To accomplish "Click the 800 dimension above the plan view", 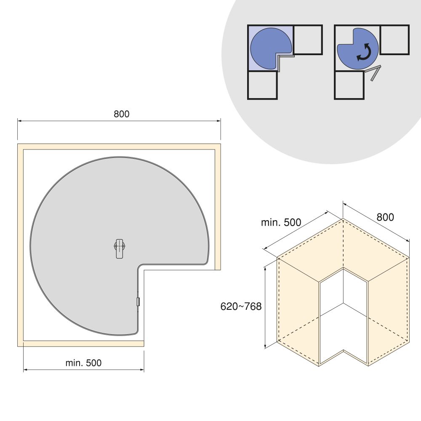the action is pos(121,114).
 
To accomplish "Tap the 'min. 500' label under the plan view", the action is pos(83,363).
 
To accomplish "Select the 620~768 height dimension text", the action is pos(241,306).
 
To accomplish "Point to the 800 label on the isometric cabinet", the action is pos(385,217).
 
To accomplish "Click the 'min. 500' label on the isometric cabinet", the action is pos(281,222).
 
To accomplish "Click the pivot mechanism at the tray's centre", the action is pos(120,249).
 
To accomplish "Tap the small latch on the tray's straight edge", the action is pos(139,302).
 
